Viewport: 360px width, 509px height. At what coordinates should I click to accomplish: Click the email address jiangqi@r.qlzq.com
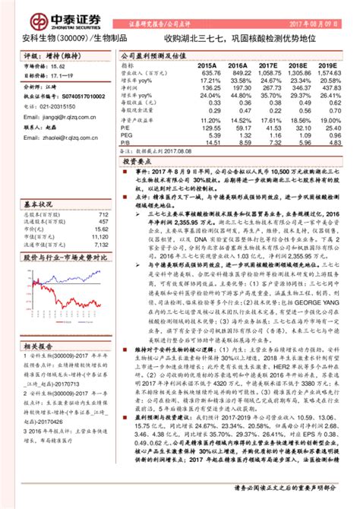click(52, 118)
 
